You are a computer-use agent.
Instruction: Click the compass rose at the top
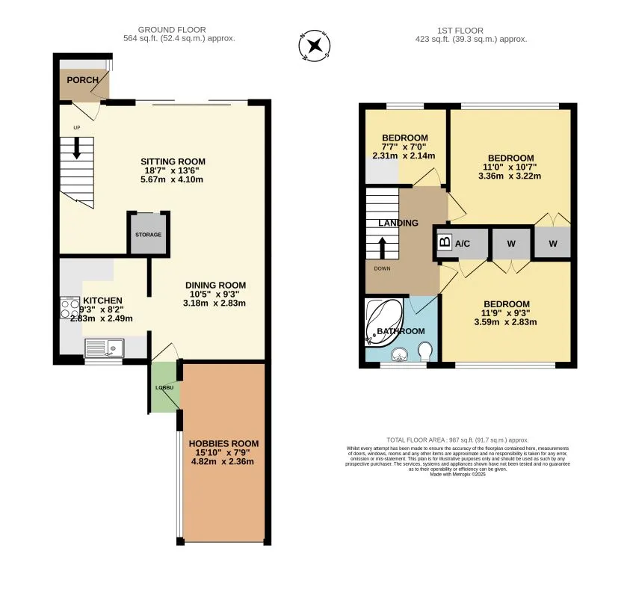[x=315, y=46]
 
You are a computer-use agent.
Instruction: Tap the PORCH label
[x=83, y=80]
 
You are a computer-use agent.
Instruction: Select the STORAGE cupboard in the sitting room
[x=148, y=234]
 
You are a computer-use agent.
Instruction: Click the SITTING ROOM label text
[x=173, y=161]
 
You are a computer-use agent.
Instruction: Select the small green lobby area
[x=164, y=387]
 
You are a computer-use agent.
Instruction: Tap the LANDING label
[x=398, y=223]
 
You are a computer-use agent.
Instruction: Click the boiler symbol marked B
[x=444, y=243]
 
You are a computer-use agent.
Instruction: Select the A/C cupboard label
[x=463, y=244]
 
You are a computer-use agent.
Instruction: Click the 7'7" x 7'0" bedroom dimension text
[x=404, y=147]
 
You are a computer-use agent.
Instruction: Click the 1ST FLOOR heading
[x=472, y=30]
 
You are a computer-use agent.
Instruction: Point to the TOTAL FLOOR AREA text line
[x=457, y=440]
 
